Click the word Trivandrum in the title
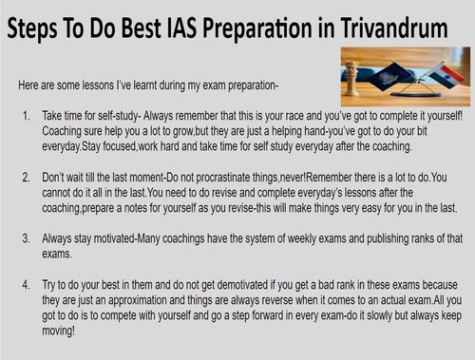(394, 28)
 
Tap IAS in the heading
(182, 28)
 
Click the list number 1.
(27, 116)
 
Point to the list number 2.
(27, 178)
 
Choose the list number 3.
(27, 238)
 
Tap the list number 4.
(27, 285)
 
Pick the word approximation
(137, 300)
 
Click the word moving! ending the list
(59, 331)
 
